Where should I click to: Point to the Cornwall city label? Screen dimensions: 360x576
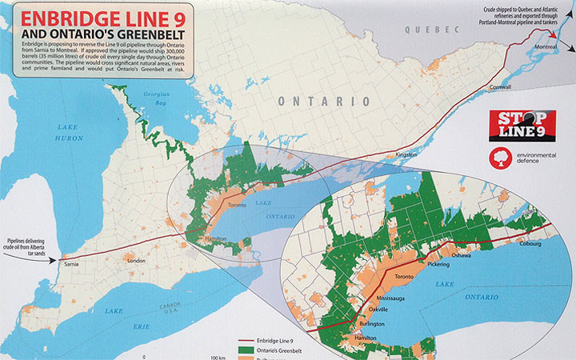click(500, 86)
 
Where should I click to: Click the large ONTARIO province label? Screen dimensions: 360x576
click(324, 102)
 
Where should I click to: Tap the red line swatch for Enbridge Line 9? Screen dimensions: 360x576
click(249, 342)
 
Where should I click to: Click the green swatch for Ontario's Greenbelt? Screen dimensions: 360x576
click(249, 351)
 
